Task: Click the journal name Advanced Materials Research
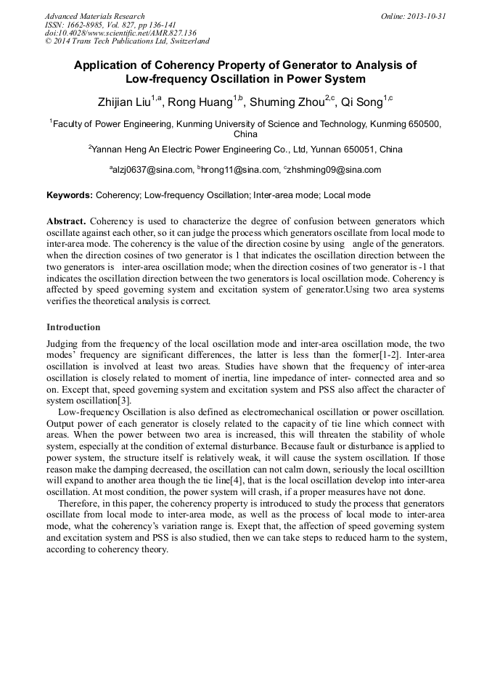point(94,16)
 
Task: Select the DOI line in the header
point(120,33)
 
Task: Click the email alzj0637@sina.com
point(153,170)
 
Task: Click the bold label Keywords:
point(70,195)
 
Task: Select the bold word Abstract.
point(67,221)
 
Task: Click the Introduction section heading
point(73,327)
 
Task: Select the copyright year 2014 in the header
point(63,41)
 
